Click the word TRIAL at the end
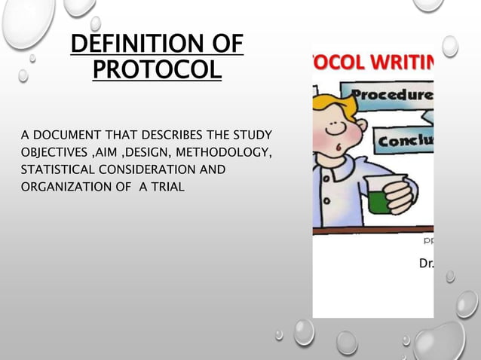click(167, 186)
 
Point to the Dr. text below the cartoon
click(426, 264)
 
